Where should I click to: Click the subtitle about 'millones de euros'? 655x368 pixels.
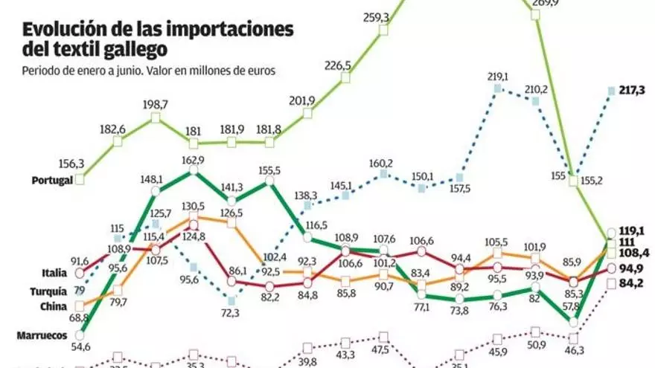pyautogui.click(x=149, y=71)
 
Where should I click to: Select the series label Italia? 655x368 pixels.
pyautogui.click(x=55, y=273)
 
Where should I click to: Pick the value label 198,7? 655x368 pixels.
pyautogui.click(x=155, y=104)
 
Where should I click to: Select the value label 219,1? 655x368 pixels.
pyautogui.click(x=497, y=77)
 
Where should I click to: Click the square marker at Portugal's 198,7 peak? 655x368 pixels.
pyautogui.click(x=156, y=117)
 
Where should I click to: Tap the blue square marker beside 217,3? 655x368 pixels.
pyautogui.click(x=612, y=91)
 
